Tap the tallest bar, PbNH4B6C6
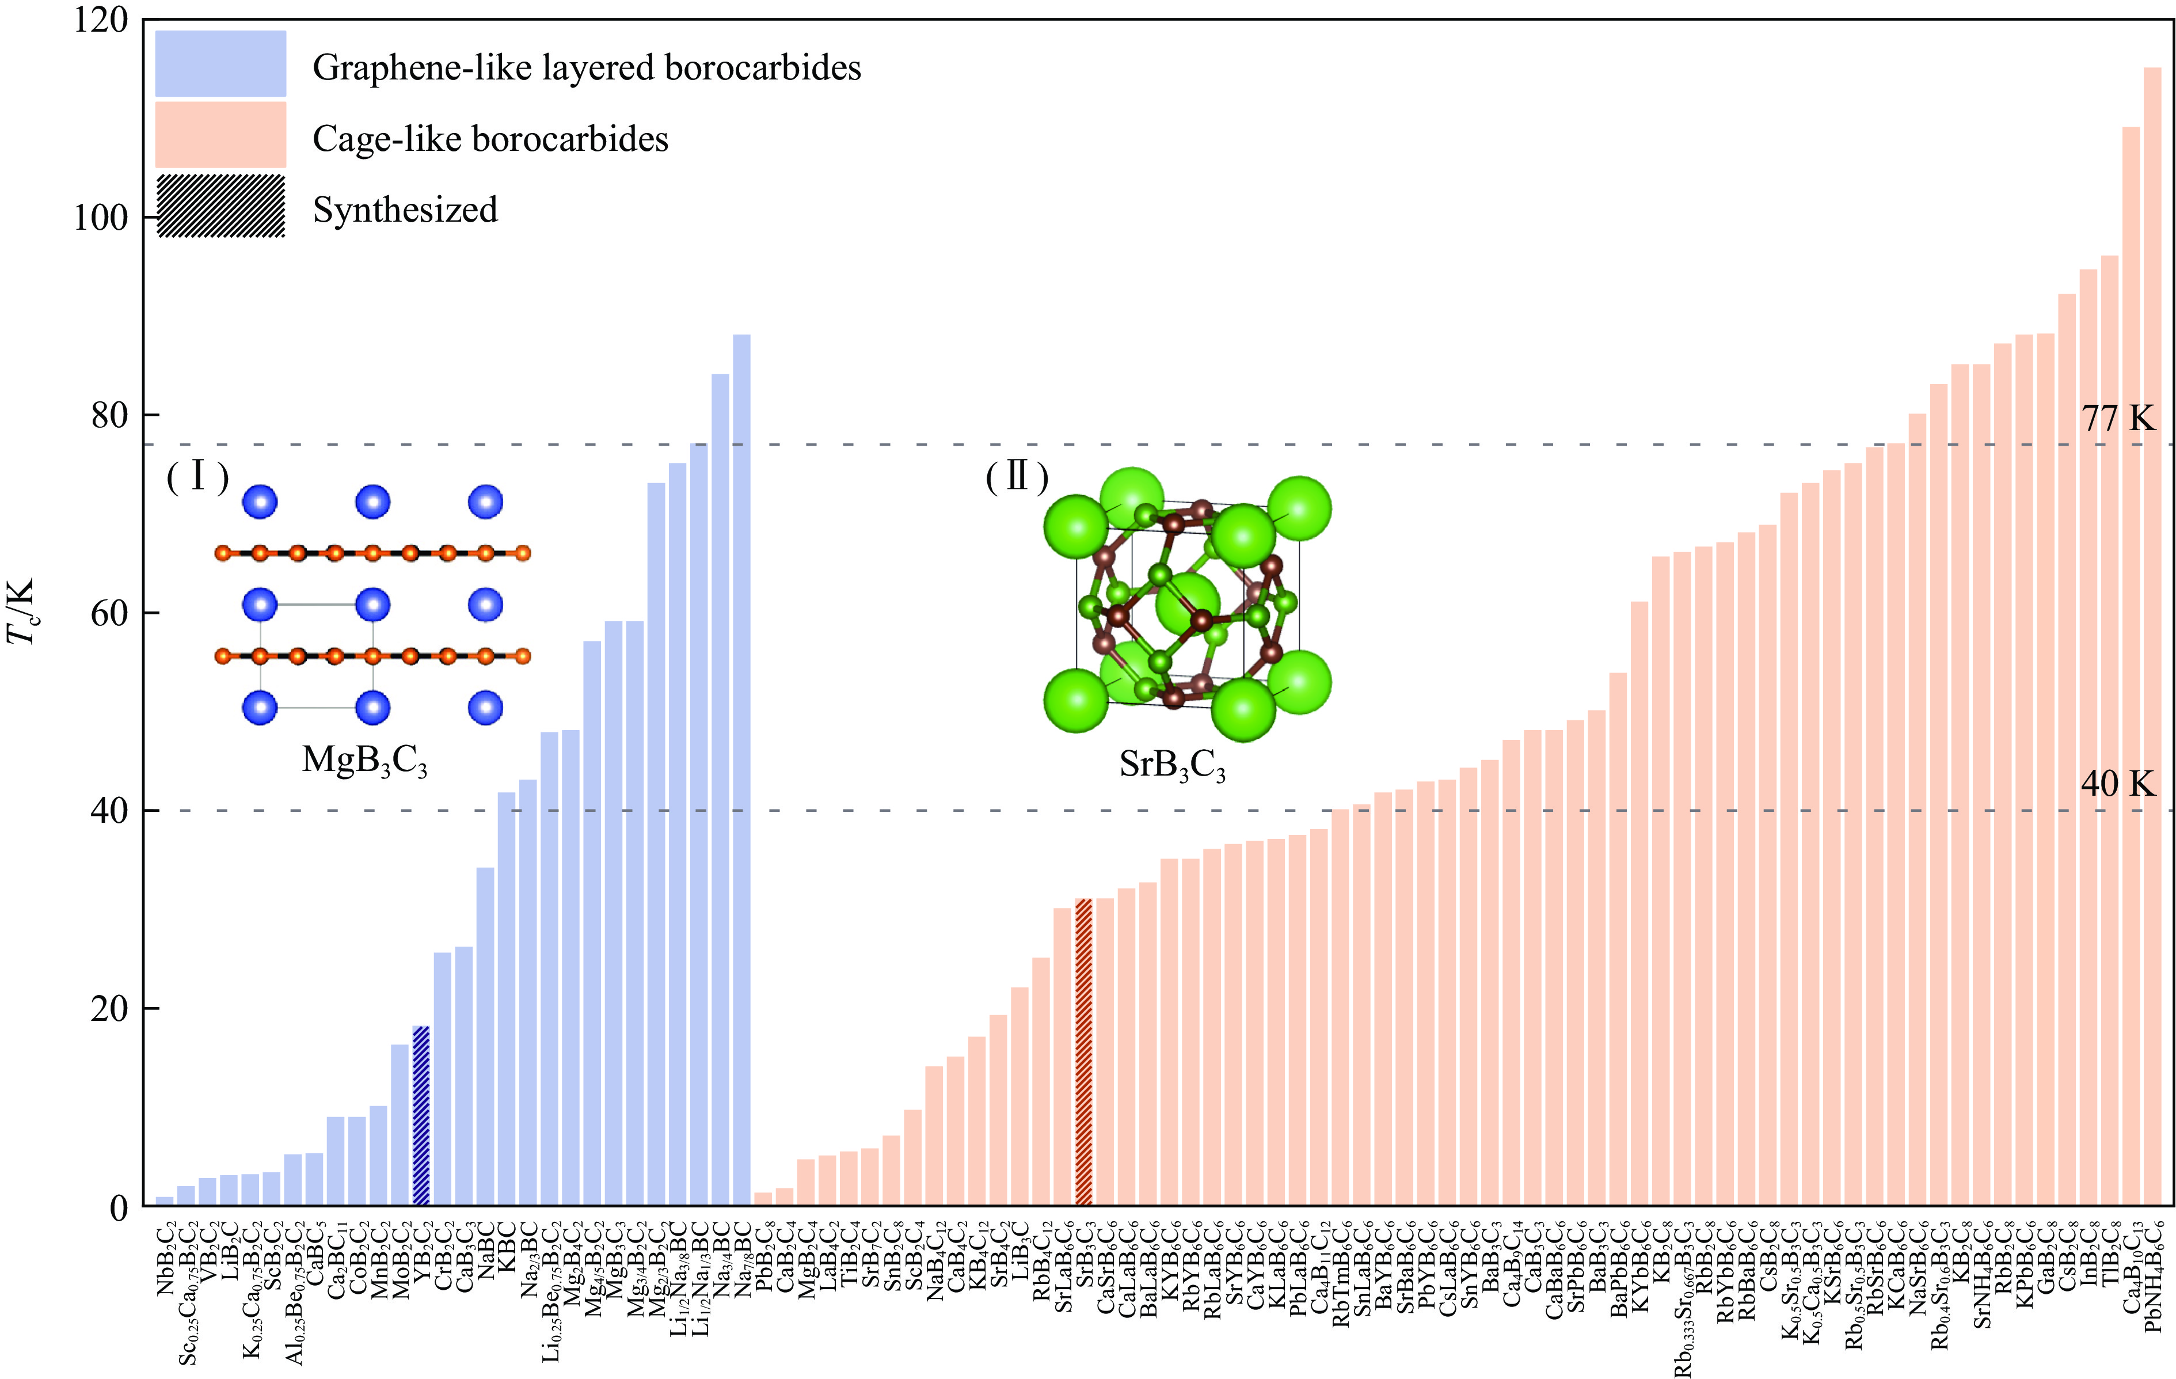coord(2152,633)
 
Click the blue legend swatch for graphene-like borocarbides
coord(220,64)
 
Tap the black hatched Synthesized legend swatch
coord(220,206)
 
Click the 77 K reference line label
coord(2117,419)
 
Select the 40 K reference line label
coord(2117,784)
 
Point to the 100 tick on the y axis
coord(100,218)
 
